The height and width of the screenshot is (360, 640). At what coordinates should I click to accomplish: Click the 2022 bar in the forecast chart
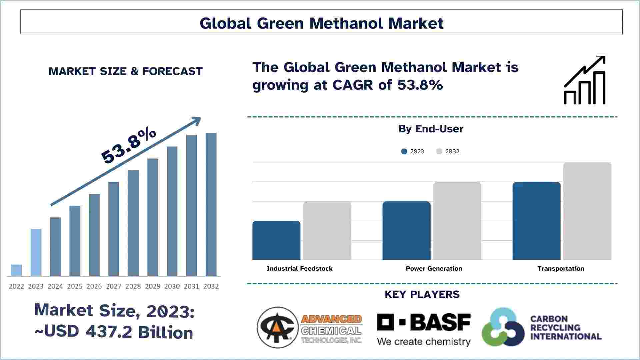[16, 270]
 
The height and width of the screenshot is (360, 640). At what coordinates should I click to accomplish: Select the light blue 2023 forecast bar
[36, 252]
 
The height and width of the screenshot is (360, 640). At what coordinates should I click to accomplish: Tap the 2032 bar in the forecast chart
[211, 204]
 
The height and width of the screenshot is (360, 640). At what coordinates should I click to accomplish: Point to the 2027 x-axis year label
[114, 286]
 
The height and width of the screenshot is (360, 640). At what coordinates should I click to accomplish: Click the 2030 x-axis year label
[172, 286]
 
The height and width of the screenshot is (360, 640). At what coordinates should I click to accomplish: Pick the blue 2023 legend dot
[404, 151]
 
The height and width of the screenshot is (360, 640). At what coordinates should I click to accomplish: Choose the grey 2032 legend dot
[439, 151]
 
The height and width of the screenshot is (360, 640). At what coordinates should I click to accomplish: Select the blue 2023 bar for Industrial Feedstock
[276, 240]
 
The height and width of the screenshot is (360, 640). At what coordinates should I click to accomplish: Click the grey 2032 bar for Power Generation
[457, 221]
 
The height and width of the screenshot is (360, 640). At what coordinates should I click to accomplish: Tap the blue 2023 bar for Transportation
[536, 221]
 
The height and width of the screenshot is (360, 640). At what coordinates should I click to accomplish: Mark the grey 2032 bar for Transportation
[587, 211]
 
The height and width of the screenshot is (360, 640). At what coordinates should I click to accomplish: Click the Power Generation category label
[434, 269]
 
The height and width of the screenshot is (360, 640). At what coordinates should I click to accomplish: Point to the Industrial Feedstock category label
[299, 269]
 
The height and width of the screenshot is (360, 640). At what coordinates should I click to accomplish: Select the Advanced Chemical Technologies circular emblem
[277, 327]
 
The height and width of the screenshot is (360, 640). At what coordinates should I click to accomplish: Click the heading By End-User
[431, 129]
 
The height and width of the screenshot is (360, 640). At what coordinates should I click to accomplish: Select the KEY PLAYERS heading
[422, 294]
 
